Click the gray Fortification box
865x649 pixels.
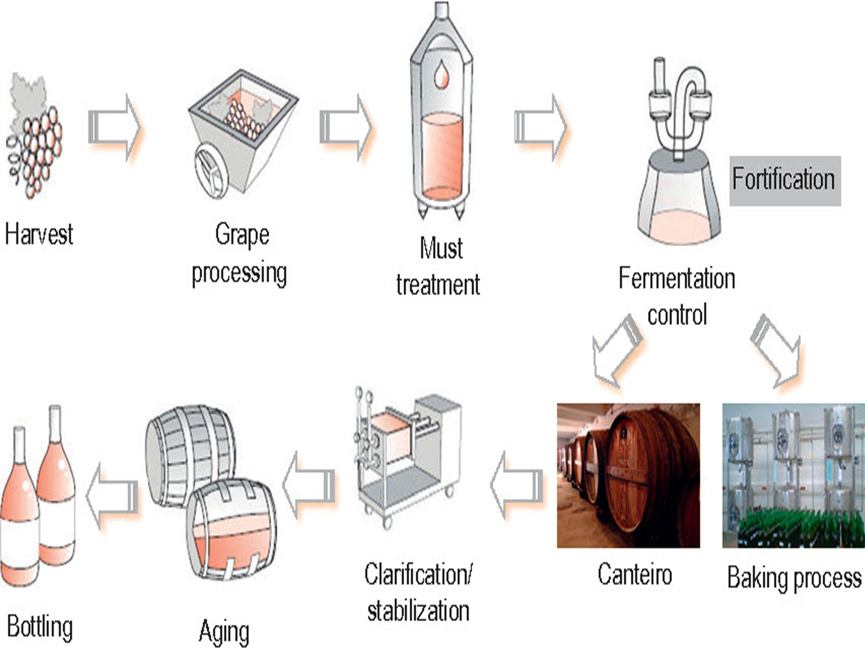coord(785,181)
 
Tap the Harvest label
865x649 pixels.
coord(39,234)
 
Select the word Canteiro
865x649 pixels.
coord(635,574)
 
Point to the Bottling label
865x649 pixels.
coord(40,627)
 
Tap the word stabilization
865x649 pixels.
coord(418,611)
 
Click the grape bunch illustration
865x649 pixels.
coord(34,135)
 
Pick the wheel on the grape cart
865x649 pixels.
coord(212,171)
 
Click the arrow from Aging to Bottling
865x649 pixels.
coord(112,496)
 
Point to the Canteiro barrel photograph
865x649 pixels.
coord(629,475)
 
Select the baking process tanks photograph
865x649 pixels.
coord(793,475)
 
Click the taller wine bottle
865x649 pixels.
coord(56,485)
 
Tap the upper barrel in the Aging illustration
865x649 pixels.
coord(190,456)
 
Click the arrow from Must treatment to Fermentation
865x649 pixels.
coord(540,127)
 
